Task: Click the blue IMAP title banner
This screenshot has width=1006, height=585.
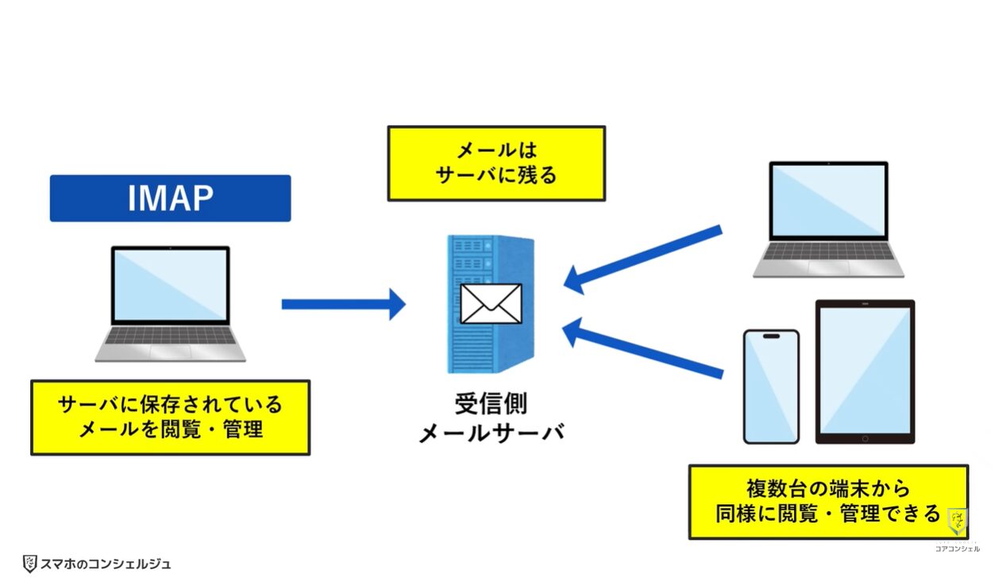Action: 170,198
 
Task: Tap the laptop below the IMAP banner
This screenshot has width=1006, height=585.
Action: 170,302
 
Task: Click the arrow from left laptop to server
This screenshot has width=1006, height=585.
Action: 342,304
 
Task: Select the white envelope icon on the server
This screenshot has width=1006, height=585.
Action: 491,303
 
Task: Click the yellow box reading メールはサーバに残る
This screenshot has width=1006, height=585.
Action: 495,163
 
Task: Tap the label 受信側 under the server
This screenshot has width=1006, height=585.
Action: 491,403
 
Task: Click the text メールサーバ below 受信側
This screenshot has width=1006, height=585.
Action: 491,433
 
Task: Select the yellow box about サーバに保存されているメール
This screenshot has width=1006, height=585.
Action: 170,418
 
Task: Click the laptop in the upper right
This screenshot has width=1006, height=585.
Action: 828,218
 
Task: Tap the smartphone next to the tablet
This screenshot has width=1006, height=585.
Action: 770,386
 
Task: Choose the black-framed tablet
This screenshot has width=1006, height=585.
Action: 865,371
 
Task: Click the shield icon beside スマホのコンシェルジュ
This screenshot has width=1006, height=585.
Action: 29,564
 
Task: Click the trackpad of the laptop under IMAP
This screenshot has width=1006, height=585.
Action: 170,350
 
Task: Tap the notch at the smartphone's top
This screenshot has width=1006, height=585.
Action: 770,336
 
